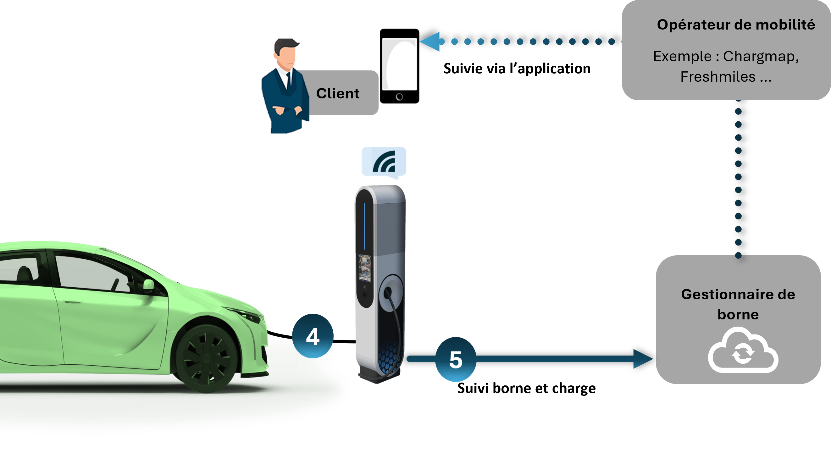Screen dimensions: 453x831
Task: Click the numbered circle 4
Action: [313, 336]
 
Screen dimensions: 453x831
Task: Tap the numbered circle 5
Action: [456, 359]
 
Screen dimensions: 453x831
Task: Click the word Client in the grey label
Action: [337, 93]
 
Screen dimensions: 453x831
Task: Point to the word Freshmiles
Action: [718, 77]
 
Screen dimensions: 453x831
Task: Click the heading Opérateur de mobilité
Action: [735, 25]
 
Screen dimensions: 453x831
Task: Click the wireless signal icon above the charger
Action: [384, 162]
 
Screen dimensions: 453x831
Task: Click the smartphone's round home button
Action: [399, 97]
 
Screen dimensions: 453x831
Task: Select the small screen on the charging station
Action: [365, 268]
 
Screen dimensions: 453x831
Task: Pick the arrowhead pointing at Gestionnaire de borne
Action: [643, 359]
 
